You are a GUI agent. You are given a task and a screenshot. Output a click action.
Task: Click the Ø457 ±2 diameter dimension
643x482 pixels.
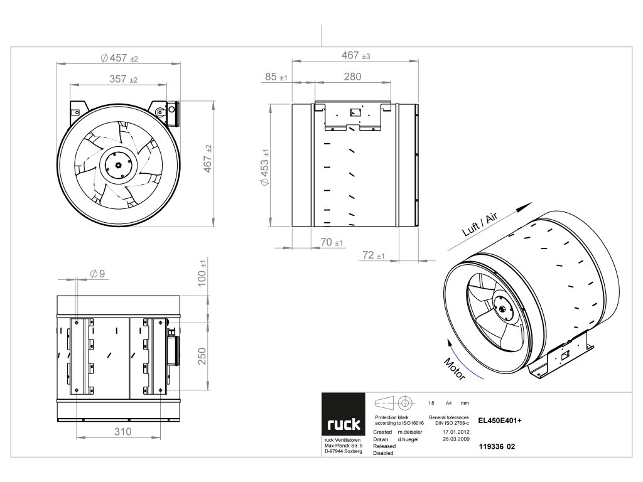[x=119, y=58]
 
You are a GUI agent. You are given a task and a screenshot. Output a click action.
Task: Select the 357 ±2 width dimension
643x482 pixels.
[x=124, y=78]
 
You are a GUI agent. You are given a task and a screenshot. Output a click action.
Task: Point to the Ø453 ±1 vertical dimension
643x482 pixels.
[x=266, y=167]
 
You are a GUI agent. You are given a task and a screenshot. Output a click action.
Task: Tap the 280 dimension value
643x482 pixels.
[x=353, y=77]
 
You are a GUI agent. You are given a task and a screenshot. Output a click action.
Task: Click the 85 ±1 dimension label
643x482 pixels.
[x=276, y=77]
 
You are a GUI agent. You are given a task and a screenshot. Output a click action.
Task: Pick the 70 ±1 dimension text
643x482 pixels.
[x=332, y=242]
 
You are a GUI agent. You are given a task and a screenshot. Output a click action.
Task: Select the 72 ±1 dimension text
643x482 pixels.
[x=374, y=255]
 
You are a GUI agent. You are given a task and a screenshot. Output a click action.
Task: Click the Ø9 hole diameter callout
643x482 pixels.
[x=97, y=274]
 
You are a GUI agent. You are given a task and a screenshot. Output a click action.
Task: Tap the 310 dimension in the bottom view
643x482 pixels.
[x=122, y=432]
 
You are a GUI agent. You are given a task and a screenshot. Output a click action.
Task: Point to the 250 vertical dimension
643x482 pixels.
[x=202, y=356]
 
